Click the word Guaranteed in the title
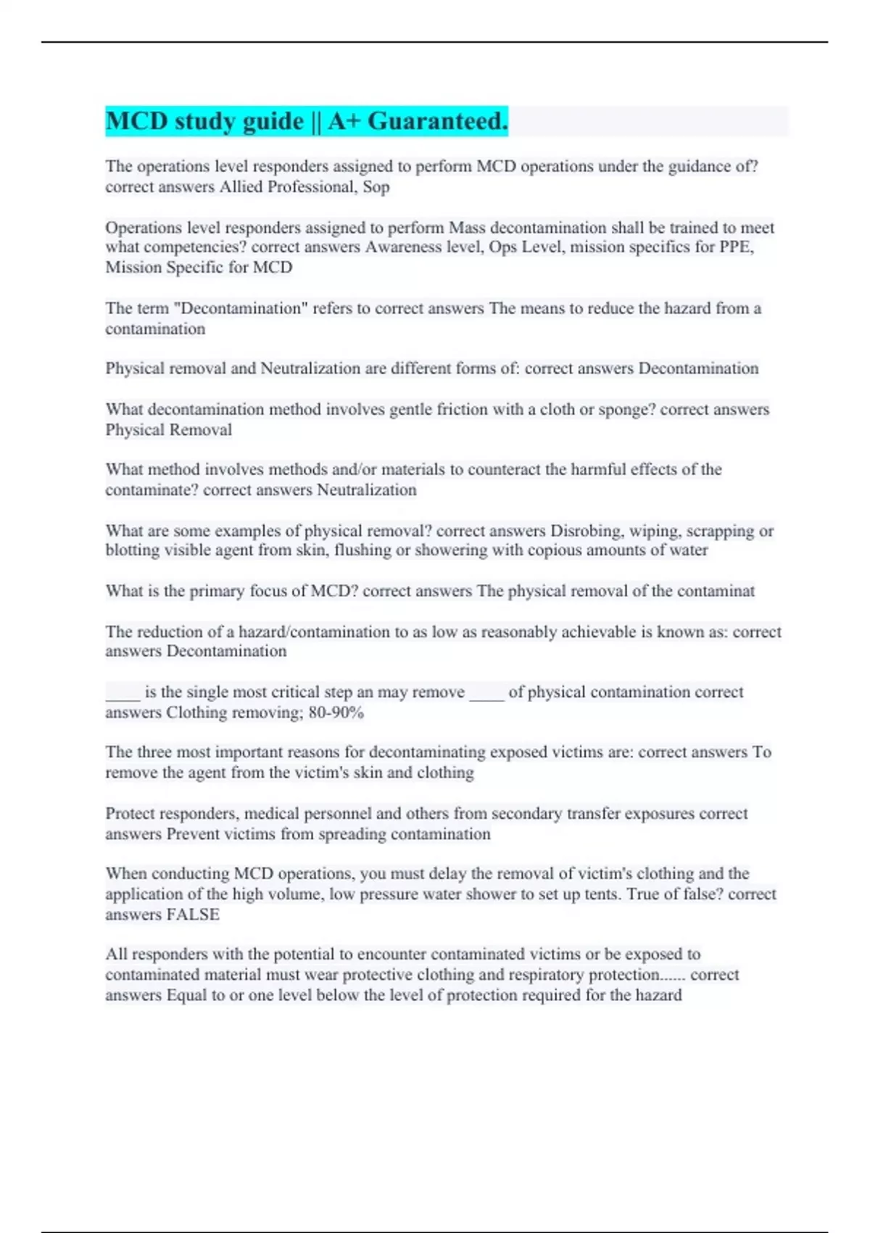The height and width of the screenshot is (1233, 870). pos(438,121)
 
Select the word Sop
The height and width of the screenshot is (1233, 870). pos(376,187)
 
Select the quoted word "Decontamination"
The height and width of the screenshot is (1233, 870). pos(241,308)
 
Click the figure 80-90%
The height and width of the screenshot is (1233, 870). pos(336,713)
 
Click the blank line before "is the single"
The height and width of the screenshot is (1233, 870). pos(123,693)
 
